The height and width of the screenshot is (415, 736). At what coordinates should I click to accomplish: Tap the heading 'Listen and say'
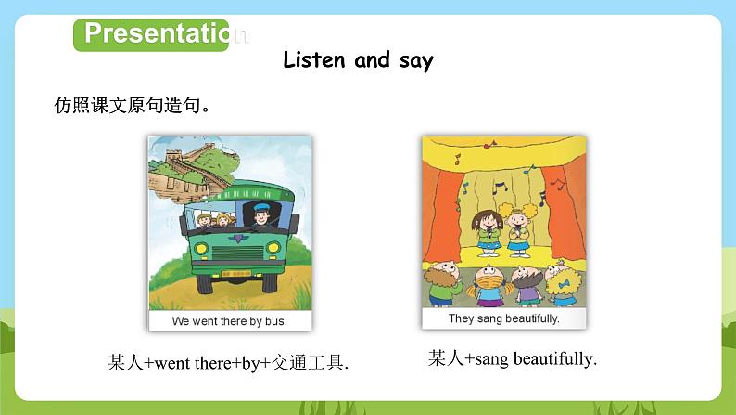358,60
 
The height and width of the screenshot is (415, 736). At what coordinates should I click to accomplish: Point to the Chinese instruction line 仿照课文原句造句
133,104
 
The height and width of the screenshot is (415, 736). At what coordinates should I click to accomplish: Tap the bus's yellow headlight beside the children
199,250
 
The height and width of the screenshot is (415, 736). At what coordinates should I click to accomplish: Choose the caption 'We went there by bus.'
230,321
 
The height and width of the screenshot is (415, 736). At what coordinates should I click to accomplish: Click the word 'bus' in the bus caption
277,321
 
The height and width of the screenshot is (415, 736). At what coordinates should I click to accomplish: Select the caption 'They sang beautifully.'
503,318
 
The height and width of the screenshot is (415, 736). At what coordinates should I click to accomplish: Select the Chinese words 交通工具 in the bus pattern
314,363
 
